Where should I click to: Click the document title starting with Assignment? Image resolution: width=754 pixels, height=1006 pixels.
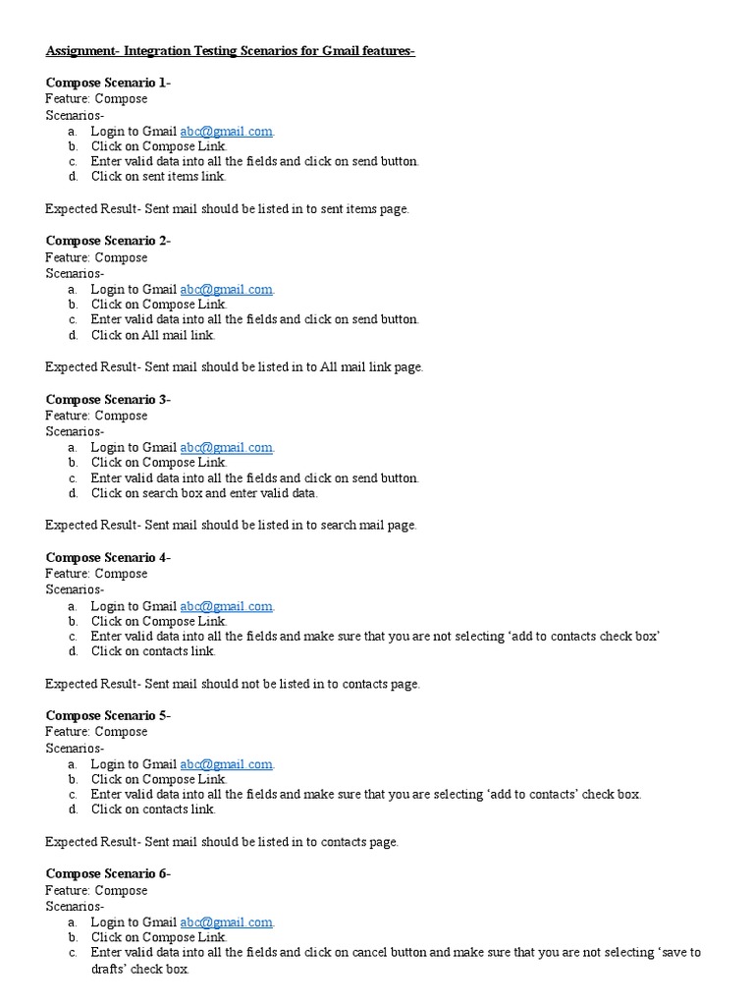tap(230, 51)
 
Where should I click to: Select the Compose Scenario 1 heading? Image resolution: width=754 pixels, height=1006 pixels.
tap(108, 83)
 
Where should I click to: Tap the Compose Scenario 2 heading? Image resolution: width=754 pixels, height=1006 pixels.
tap(108, 241)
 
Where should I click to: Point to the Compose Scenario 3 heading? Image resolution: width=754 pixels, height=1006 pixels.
tap(108, 399)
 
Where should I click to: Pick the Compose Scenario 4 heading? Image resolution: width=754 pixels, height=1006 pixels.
tap(108, 557)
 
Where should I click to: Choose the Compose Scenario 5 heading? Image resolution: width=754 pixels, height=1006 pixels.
tap(108, 715)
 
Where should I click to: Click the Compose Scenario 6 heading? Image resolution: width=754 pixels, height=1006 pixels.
tap(108, 873)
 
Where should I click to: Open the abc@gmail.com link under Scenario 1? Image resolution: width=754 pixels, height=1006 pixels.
tap(226, 131)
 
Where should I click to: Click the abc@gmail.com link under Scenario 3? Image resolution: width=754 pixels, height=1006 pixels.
tap(226, 447)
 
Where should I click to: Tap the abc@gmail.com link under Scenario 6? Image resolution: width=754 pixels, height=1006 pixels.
tap(226, 922)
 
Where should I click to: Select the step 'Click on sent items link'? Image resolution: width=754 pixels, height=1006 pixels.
tap(158, 177)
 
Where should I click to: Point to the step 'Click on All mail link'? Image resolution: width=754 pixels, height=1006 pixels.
tap(153, 335)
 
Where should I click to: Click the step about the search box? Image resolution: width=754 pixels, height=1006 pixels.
tap(204, 493)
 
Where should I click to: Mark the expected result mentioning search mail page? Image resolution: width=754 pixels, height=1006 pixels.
tap(231, 525)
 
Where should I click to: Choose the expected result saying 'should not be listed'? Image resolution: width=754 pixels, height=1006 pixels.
tap(233, 684)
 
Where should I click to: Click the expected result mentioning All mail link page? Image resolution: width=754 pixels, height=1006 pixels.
tap(235, 366)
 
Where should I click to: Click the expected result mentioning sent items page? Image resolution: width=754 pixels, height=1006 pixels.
tap(227, 208)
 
